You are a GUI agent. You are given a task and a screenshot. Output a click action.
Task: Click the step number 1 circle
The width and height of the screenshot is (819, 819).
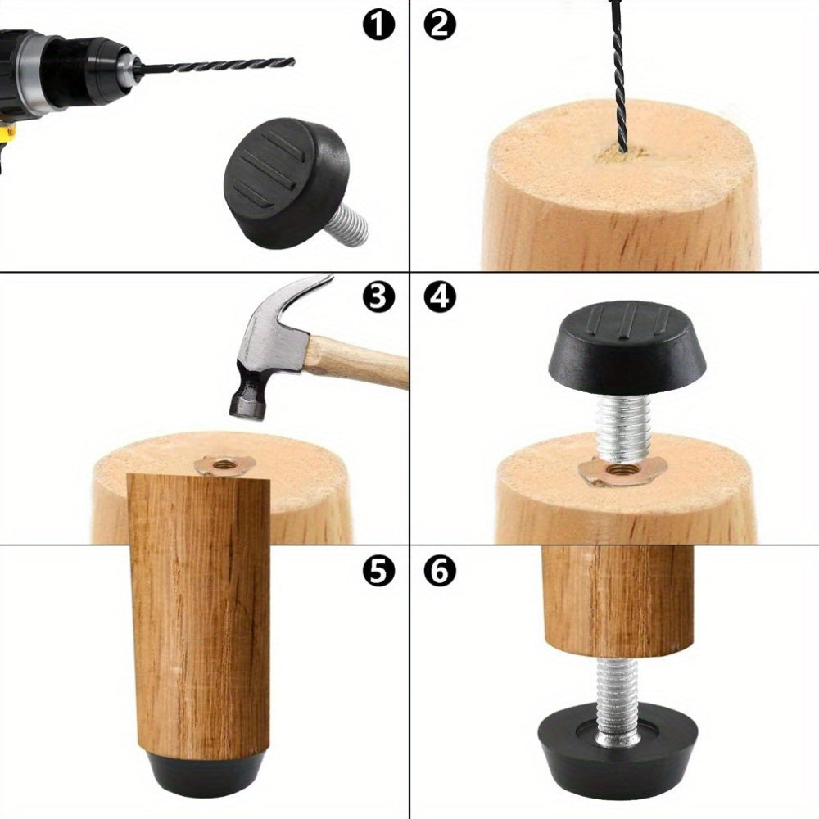(378, 25)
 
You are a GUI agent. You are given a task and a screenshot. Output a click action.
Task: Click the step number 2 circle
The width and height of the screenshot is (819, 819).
(440, 25)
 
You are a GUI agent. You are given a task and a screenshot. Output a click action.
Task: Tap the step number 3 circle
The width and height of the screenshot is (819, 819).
(378, 298)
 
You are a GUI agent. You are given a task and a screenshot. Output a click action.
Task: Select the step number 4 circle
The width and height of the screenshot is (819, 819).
(440, 298)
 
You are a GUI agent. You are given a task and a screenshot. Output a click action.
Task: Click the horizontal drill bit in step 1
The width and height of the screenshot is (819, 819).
(217, 66)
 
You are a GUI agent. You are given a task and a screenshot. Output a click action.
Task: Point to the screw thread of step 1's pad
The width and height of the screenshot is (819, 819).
(348, 224)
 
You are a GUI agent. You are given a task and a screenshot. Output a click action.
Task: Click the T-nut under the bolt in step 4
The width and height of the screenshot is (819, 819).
(622, 471)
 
